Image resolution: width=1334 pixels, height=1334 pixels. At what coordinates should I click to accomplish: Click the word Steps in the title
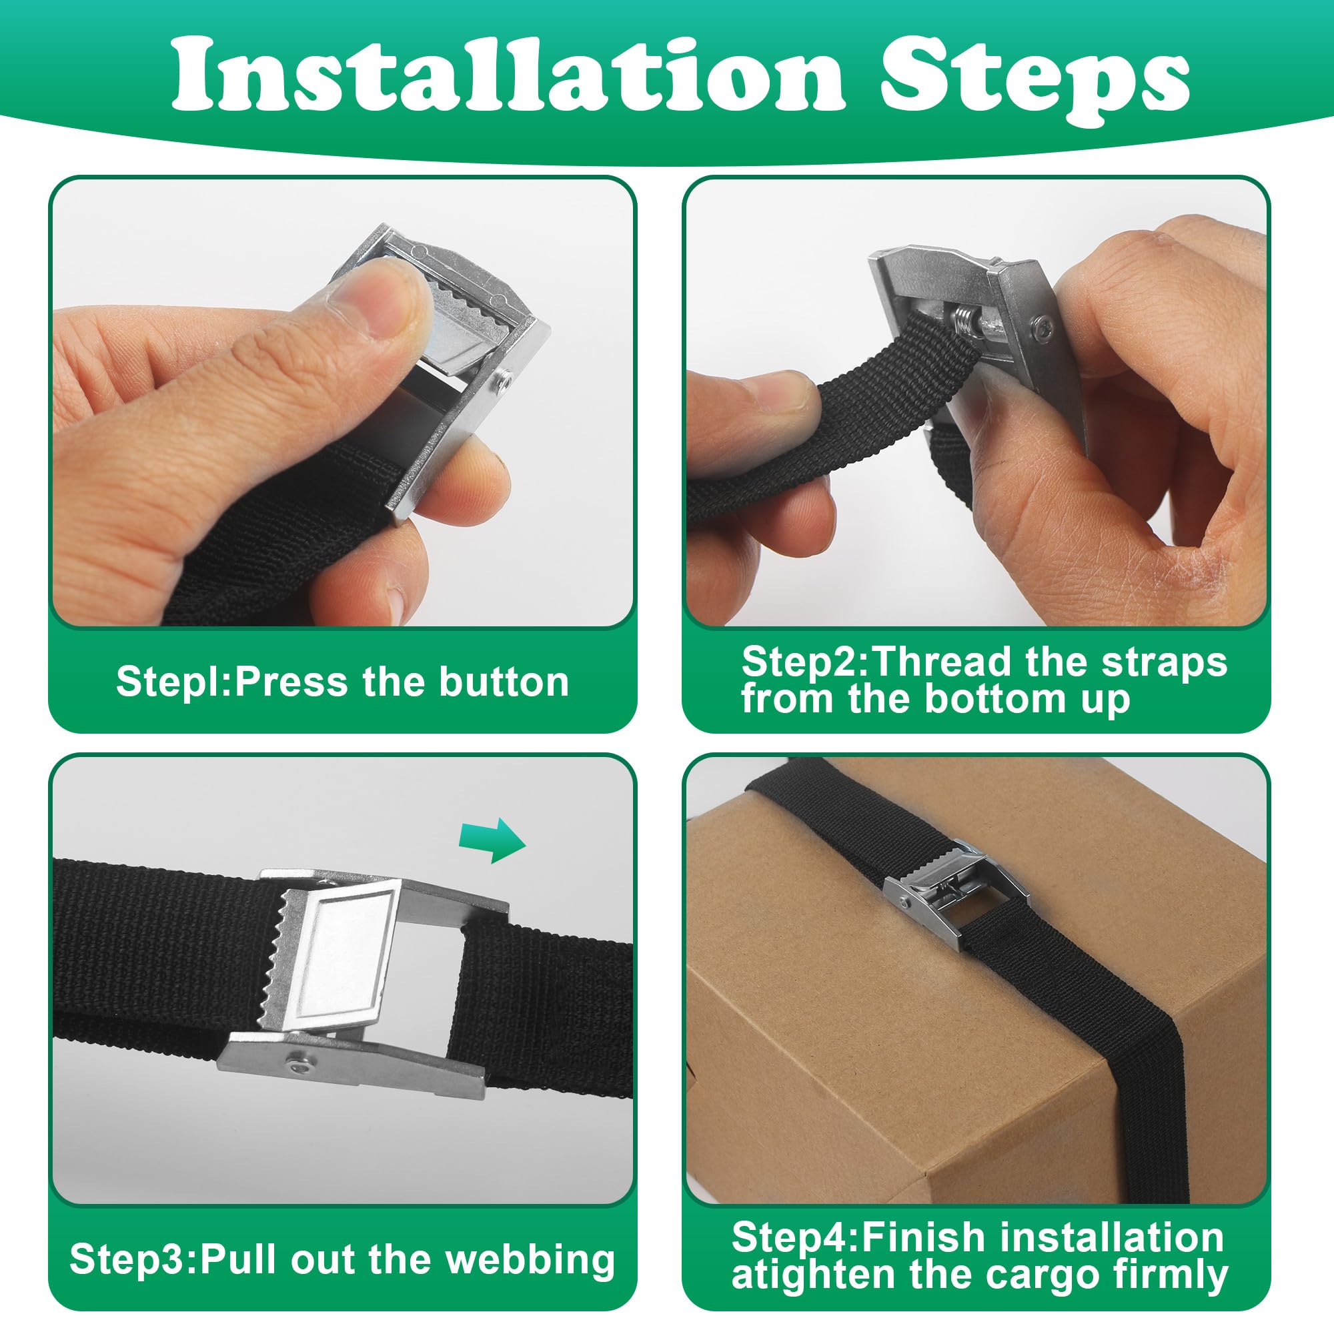pos(1034,86)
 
